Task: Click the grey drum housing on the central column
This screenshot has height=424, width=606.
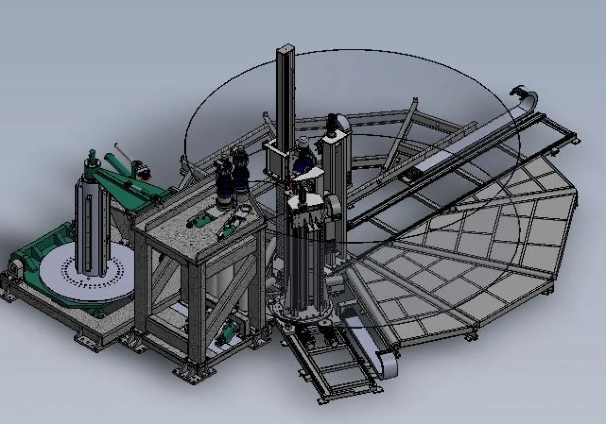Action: pyautogui.click(x=333, y=206)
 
